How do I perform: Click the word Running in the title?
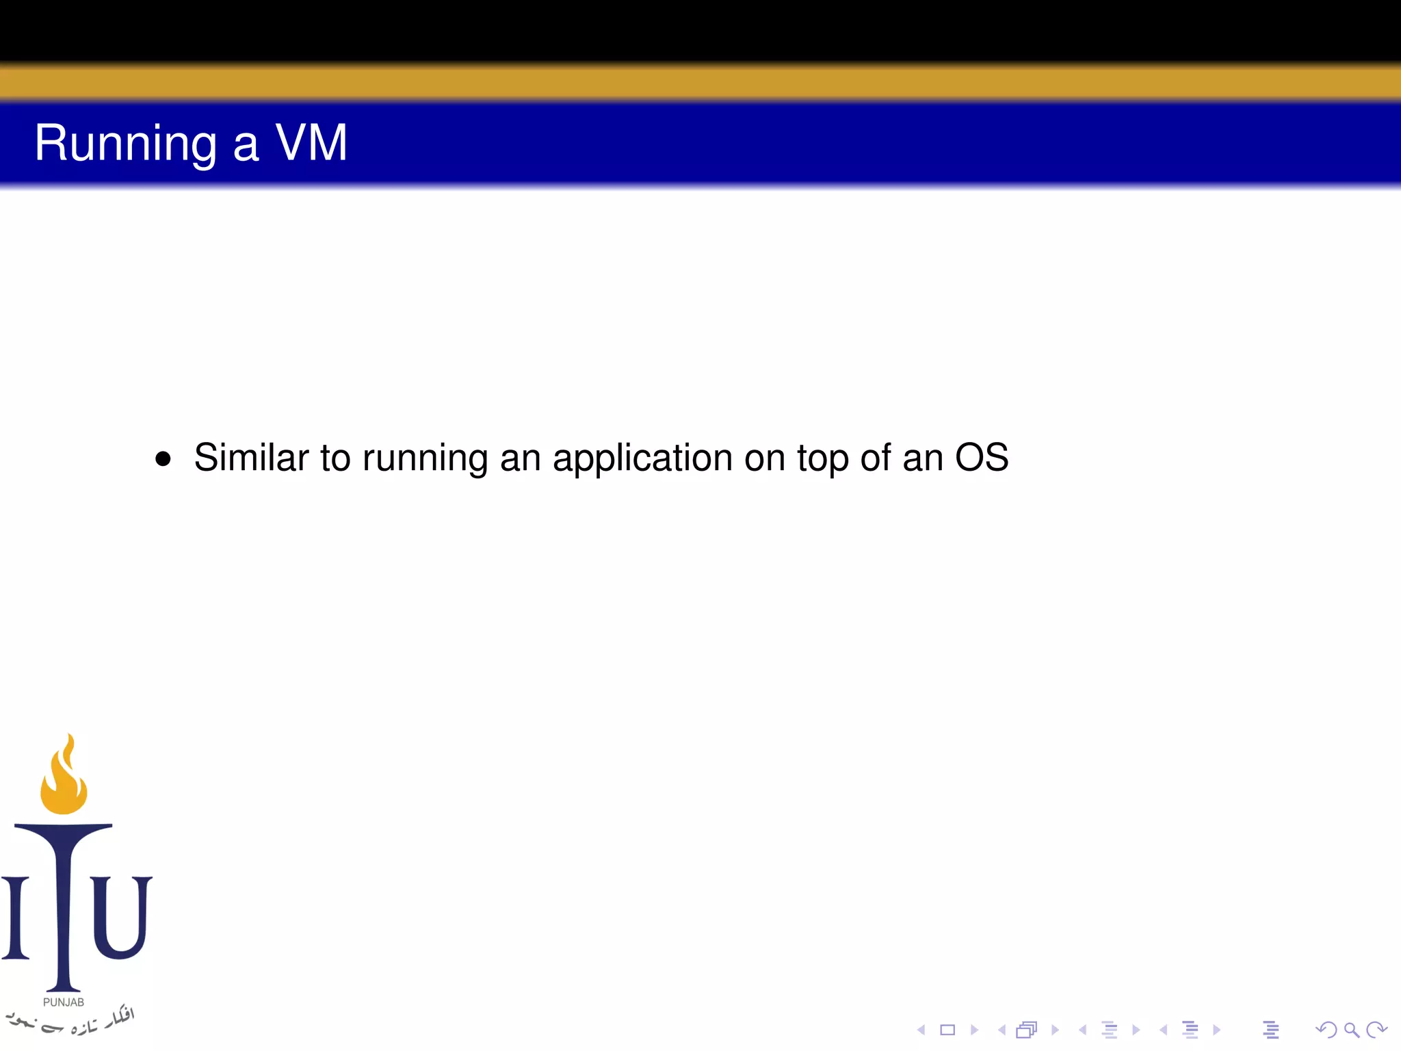pos(125,144)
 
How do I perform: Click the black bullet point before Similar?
pos(163,458)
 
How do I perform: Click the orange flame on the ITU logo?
pos(64,777)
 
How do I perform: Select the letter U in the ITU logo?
pos(120,917)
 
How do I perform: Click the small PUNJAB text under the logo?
pos(64,1002)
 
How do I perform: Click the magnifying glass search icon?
pos(1351,1030)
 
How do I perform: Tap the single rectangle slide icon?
pos(947,1030)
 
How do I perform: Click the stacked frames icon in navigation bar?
pos(1026,1030)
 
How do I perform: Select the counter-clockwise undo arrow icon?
pos(1326,1030)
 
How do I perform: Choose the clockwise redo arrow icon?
pos(1376,1030)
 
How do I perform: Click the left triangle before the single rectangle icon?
pos(921,1030)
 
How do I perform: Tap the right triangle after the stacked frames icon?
pos(1055,1030)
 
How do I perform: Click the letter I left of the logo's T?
pos(15,917)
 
